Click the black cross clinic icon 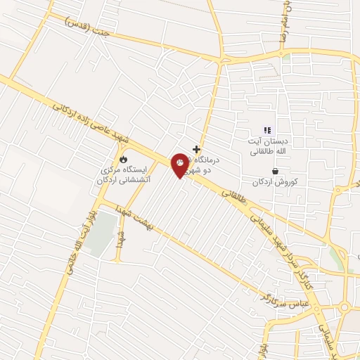pos(196,149)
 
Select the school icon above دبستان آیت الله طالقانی pos(266,129)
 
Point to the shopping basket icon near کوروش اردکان pos(274,171)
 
